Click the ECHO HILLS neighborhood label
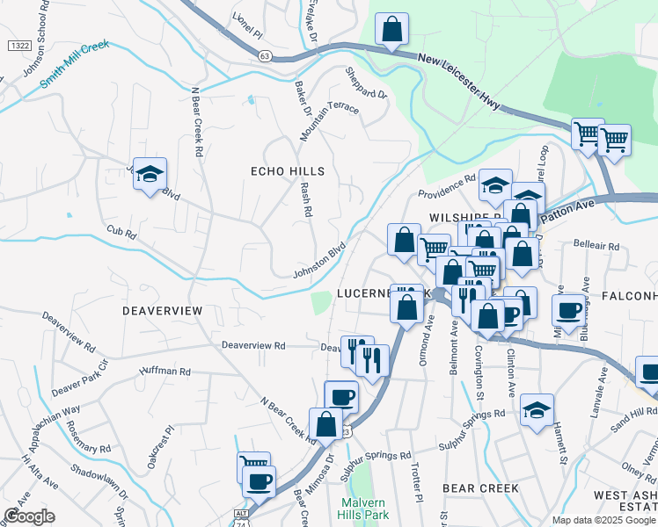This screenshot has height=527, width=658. pyautogui.click(x=288, y=171)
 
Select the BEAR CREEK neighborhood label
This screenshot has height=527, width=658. pyautogui.click(x=480, y=487)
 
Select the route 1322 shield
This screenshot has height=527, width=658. pyautogui.click(x=18, y=45)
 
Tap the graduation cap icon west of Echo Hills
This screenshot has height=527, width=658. pyautogui.click(x=150, y=174)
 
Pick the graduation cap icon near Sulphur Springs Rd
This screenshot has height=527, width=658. pyautogui.click(x=536, y=410)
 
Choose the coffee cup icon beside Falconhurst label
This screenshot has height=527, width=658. pyautogui.click(x=568, y=309)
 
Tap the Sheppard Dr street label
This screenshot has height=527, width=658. pyautogui.click(x=366, y=83)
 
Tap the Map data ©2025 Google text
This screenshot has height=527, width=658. pyautogui.click(x=604, y=520)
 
